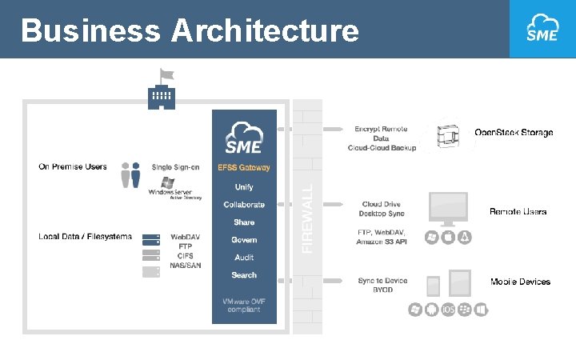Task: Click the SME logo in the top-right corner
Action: pyautogui.click(x=542, y=29)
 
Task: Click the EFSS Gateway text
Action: pyautogui.click(x=244, y=168)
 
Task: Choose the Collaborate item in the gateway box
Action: pyautogui.click(x=244, y=205)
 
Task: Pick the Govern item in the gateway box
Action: pyautogui.click(x=244, y=240)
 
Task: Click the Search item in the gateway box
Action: pyautogui.click(x=244, y=275)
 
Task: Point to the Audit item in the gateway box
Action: pyautogui.click(x=244, y=258)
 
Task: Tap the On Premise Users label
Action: pyautogui.click(x=73, y=166)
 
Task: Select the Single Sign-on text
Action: pyautogui.click(x=176, y=167)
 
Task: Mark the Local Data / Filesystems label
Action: pyautogui.click(x=85, y=237)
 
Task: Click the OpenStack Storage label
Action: pyautogui.click(x=514, y=132)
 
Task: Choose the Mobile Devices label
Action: pyautogui.click(x=520, y=282)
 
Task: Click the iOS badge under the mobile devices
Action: pyautogui.click(x=448, y=309)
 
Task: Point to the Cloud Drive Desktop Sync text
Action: pyautogui.click(x=382, y=210)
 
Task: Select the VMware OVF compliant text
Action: pyautogui.click(x=244, y=306)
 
